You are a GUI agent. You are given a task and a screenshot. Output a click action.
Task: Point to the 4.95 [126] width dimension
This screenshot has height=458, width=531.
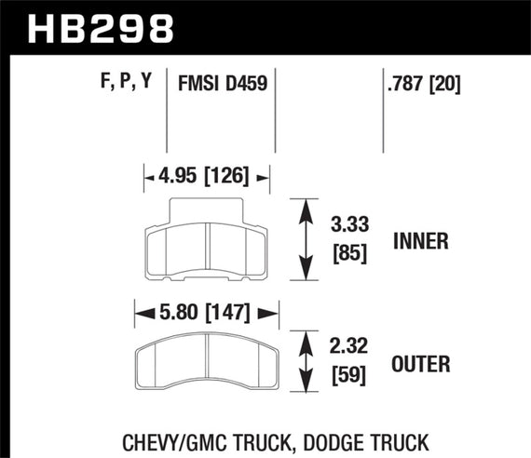tap(207, 175)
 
